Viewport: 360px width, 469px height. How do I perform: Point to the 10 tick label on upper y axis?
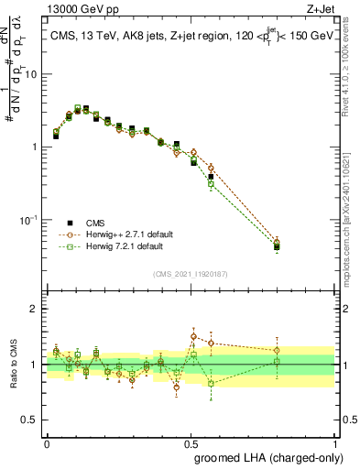[x=32, y=74]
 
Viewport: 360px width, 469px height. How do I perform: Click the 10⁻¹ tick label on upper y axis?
[x=30, y=220]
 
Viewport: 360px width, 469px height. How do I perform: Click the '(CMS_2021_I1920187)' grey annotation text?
[x=190, y=273]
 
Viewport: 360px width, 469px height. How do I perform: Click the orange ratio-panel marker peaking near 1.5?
[x=193, y=336]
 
